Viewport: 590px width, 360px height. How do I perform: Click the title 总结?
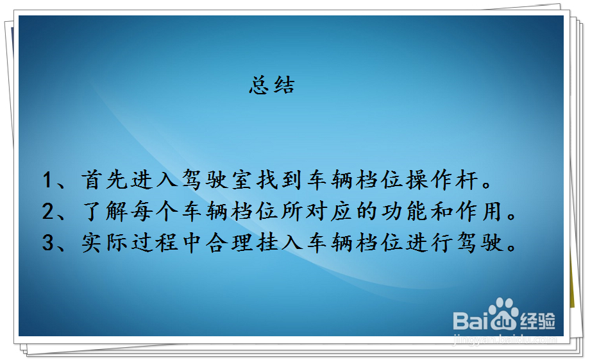[x=272, y=85]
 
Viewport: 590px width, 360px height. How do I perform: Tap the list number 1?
[x=47, y=180]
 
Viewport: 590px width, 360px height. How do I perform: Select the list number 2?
[x=48, y=211]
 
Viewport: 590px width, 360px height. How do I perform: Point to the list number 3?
[x=48, y=242]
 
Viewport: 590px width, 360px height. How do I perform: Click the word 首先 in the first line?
[x=105, y=180]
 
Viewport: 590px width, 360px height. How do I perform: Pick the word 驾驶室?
[x=217, y=180]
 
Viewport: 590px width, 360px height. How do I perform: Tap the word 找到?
[x=280, y=180]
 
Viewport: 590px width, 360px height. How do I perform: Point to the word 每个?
[x=155, y=211]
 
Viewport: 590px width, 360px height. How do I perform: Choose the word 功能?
[x=405, y=211]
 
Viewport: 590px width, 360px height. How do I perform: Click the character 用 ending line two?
[x=492, y=211]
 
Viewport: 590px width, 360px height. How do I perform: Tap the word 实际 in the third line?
[x=105, y=242]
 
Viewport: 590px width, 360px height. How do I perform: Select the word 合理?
[x=229, y=242]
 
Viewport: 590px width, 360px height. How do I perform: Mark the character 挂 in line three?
[x=267, y=242]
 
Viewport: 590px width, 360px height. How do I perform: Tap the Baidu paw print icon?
[x=503, y=313]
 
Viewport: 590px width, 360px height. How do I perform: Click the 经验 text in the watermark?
[x=537, y=321]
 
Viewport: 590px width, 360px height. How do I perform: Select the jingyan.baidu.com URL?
[x=505, y=339]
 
